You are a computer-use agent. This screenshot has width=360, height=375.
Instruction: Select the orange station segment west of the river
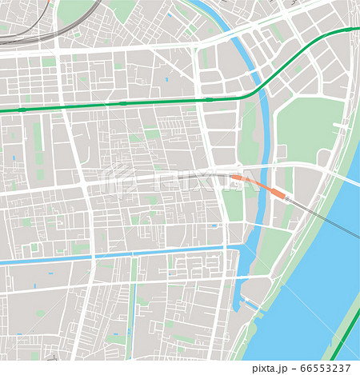point(238,178)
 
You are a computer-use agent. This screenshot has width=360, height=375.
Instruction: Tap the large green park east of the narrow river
point(308,128)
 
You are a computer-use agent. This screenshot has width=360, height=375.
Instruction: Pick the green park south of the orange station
point(233,205)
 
